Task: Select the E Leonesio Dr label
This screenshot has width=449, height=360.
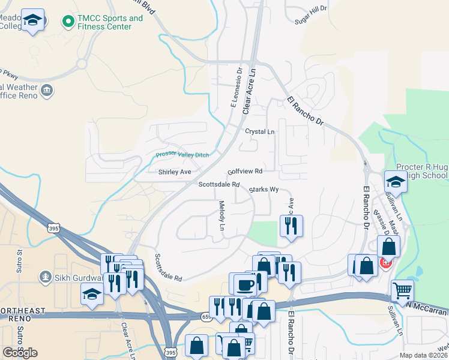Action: (235, 88)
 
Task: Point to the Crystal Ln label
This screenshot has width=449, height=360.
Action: (259, 131)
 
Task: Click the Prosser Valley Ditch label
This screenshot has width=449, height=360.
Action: (182, 155)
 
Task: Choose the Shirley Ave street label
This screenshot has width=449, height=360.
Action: (174, 172)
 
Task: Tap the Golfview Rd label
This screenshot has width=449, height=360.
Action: (245, 172)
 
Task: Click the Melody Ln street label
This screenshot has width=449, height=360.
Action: (221, 216)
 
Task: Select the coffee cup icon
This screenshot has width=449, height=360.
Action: (244, 284)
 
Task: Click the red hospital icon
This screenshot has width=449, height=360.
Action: (385, 262)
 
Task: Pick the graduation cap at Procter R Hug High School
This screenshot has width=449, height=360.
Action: (396, 182)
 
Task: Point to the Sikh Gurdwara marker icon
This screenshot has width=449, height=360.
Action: (44, 277)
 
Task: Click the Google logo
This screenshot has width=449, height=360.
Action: (20, 353)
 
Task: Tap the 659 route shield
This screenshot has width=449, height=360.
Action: (206, 315)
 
